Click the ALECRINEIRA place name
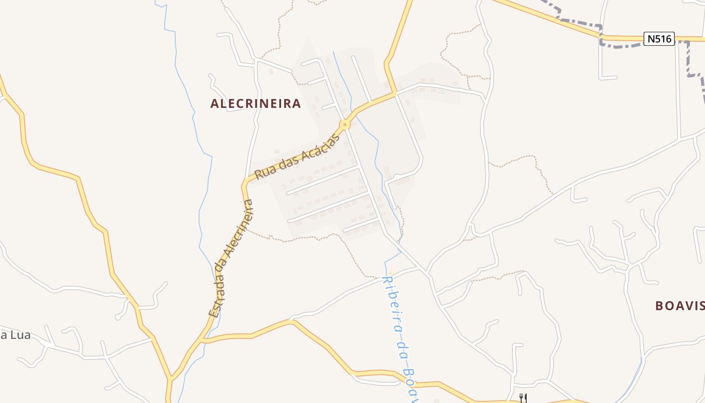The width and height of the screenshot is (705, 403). click(x=255, y=104)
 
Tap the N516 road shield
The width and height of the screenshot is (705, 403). click(x=659, y=39)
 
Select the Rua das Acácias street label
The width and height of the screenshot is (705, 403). click(x=297, y=156)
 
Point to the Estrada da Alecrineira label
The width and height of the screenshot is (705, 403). click(x=232, y=258)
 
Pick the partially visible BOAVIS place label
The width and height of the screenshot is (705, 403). click(x=680, y=305)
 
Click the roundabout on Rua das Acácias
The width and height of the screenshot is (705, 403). click(x=345, y=124)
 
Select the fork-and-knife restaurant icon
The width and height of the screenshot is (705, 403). click(x=522, y=398)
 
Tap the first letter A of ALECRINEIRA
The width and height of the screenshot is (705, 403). click(x=215, y=104)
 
